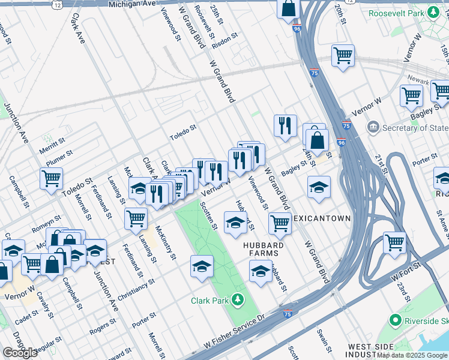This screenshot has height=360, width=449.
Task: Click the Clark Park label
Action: pyautogui.click(x=211, y=301)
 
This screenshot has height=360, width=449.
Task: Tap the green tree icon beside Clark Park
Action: pyautogui.click(x=239, y=299)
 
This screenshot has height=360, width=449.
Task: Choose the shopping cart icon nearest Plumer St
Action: pyautogui.click(x=52, y=178)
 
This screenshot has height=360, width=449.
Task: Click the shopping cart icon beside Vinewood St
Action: pyautogui.click(x=280, y=223)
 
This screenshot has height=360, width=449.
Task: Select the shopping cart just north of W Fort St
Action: pyautogui.click(x=394, y=242)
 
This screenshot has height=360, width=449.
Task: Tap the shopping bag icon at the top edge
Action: pyautogui.click(x=289, y=8)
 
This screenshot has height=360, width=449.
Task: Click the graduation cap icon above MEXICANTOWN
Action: pyautogui.click(x=319, y=187)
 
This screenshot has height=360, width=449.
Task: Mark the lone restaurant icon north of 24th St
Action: pyautogui.click(x=285, y=125)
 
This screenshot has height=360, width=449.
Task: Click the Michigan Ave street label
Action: pyautogui.click(x=132, y=4)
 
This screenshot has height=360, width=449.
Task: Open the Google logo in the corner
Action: pyautogui.click(x=20, y=353)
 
